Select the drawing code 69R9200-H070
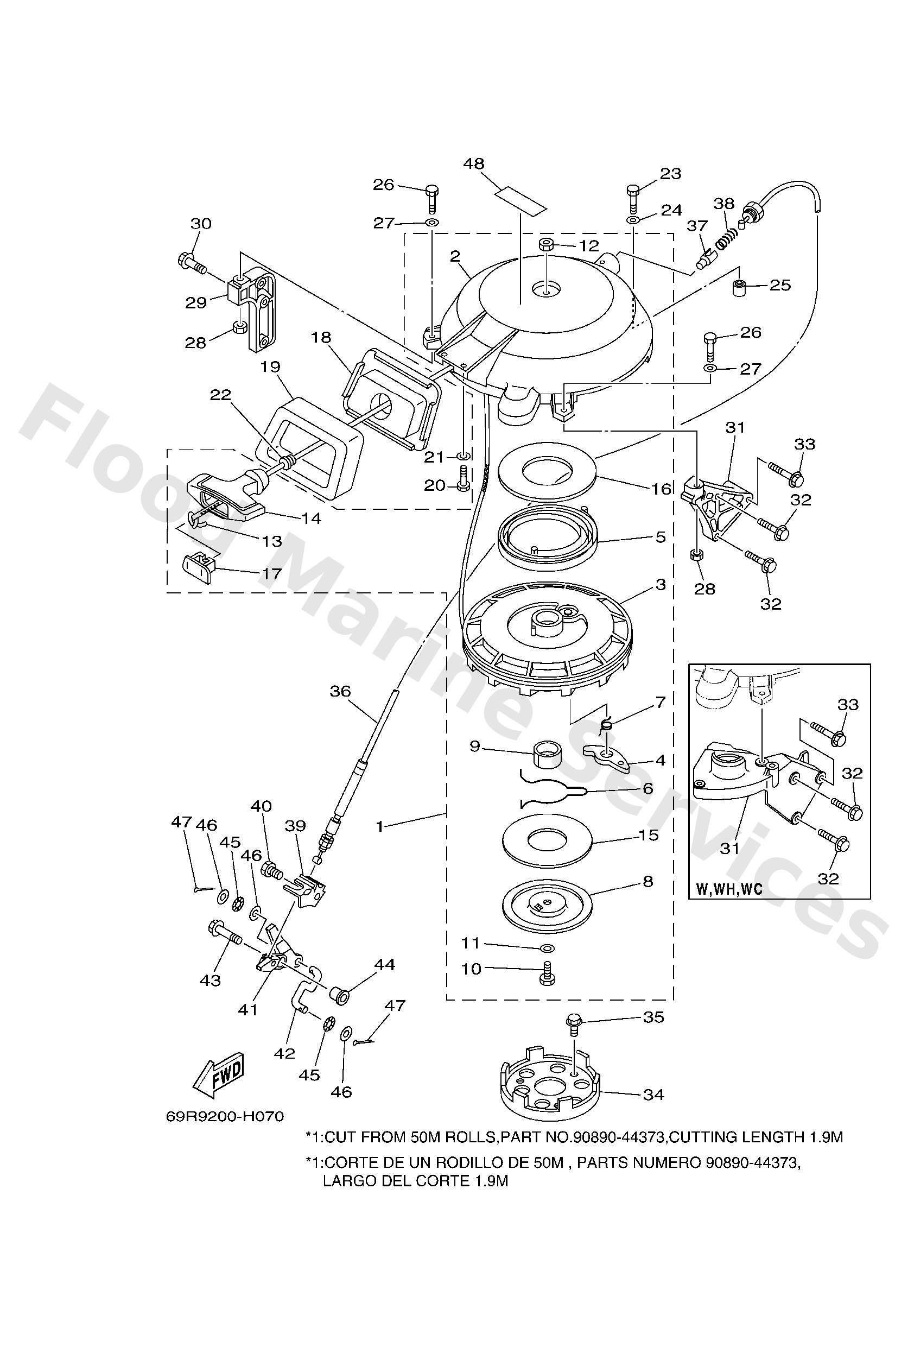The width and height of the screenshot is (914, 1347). (225, 1116)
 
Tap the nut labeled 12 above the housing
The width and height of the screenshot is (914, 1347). (547, 246)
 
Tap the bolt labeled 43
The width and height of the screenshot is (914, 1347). (224, 933)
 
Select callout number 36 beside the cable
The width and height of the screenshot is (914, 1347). (340, 691)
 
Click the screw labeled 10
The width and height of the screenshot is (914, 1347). (546, 975)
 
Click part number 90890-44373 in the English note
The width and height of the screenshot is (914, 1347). (618, 1137)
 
